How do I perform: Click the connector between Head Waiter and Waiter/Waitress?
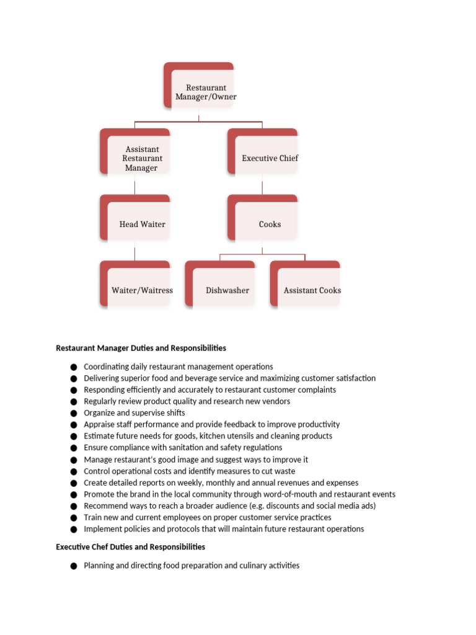tap(134, 251)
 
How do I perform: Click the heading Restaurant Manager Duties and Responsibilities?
tap(141, 348)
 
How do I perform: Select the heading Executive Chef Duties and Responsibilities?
tap(130, 547)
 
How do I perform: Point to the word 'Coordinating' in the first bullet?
tap(107, 366)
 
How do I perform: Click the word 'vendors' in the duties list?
tap(275, 401)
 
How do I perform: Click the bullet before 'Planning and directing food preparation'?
tap(74, 566)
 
